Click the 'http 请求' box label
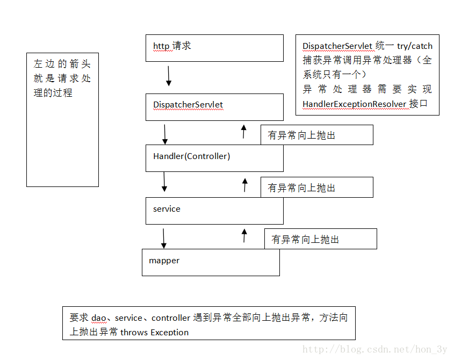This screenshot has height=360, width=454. pyautogui.click(x=172, y=46)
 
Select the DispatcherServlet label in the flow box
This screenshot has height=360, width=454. pyautogui.click(x=188, y=105)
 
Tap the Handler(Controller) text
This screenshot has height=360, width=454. pyautogui.click(x=191, y=156)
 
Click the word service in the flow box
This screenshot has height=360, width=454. pyautogui.click(x=167, y=209)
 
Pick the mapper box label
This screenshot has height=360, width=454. pyautogui.click(x=164, y=261)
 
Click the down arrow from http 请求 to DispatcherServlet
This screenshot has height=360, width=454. pyautogui.click(x=169, y=76)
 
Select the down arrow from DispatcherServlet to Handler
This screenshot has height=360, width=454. pyautogui.click(x=165, y=134)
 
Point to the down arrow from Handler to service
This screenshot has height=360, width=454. pyautogui.click(x=164, y=182)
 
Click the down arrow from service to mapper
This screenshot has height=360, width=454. pyautogui.click(x=163, y=239)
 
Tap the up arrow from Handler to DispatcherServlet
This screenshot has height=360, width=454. pyautogui.click(x=244, y=132)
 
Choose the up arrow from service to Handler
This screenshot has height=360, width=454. pyautogui.click(x=245, y=185)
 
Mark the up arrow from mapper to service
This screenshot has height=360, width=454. pyautogui.click(x=244, y=235)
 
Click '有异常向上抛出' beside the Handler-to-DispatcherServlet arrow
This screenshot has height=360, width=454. pyautogui.click(x=301, y=135)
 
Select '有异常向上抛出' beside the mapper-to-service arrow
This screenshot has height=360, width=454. pyautogui.click(x=305, y=240)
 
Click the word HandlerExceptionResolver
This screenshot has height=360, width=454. pyautogui.click(x=355, y=104)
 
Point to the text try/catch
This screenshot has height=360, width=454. pyautogui.click(x=415, y=46)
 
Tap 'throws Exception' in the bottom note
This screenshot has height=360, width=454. pyautogui.click(x=154, y=332)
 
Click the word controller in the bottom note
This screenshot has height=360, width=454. pyautogui.click(x=171, y=318)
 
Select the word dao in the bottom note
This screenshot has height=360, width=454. pyautogui.click(x=99, y=318)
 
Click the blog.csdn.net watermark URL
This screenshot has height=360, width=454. pyautogui.click(x=374, y=349)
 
